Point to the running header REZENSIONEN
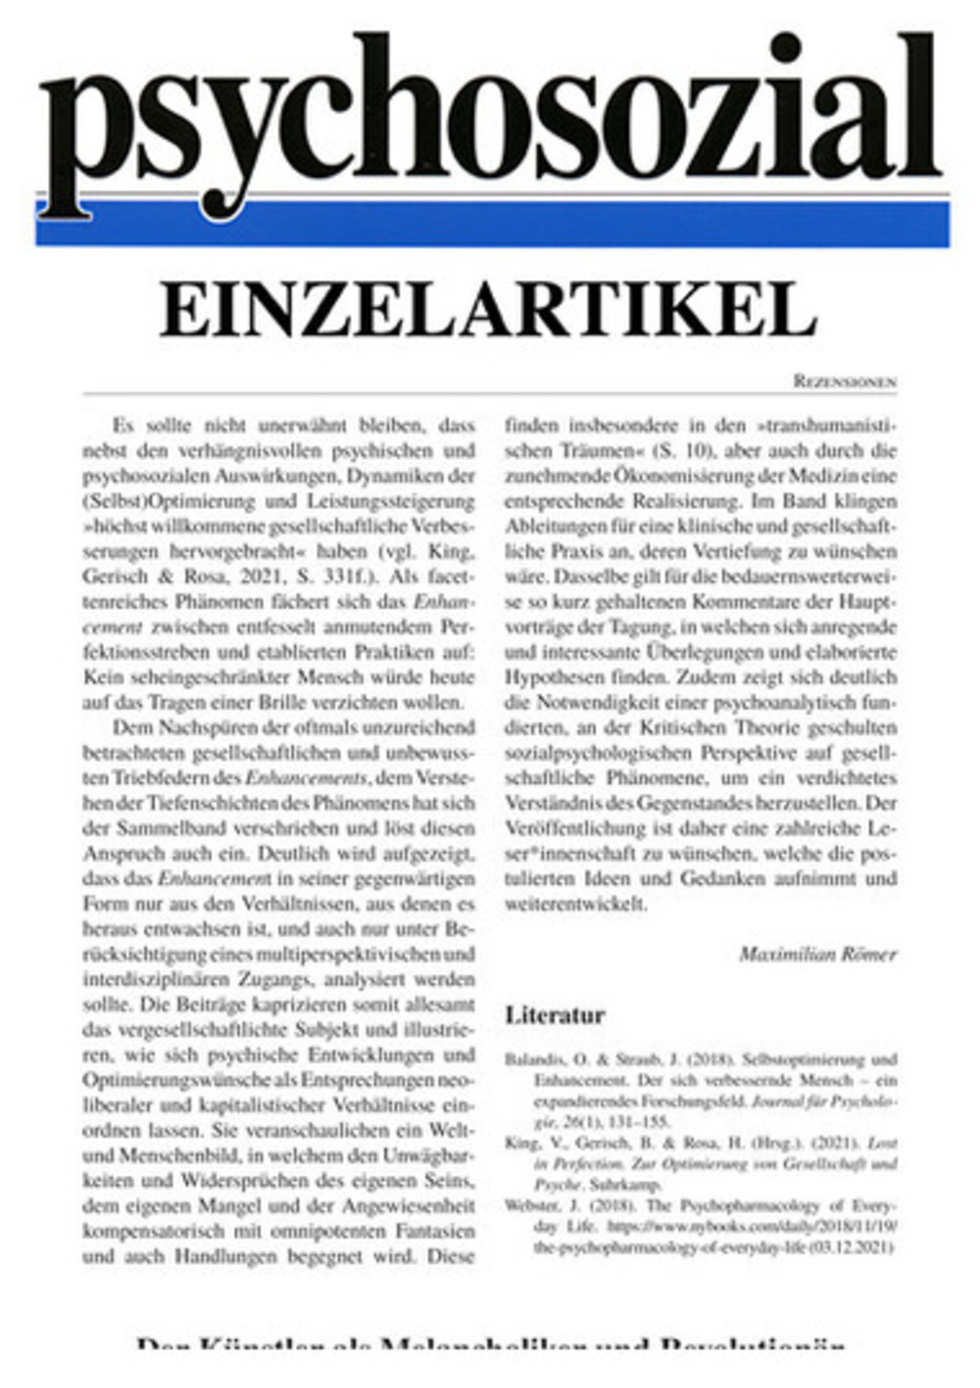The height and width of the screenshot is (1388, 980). click(845, 382)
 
